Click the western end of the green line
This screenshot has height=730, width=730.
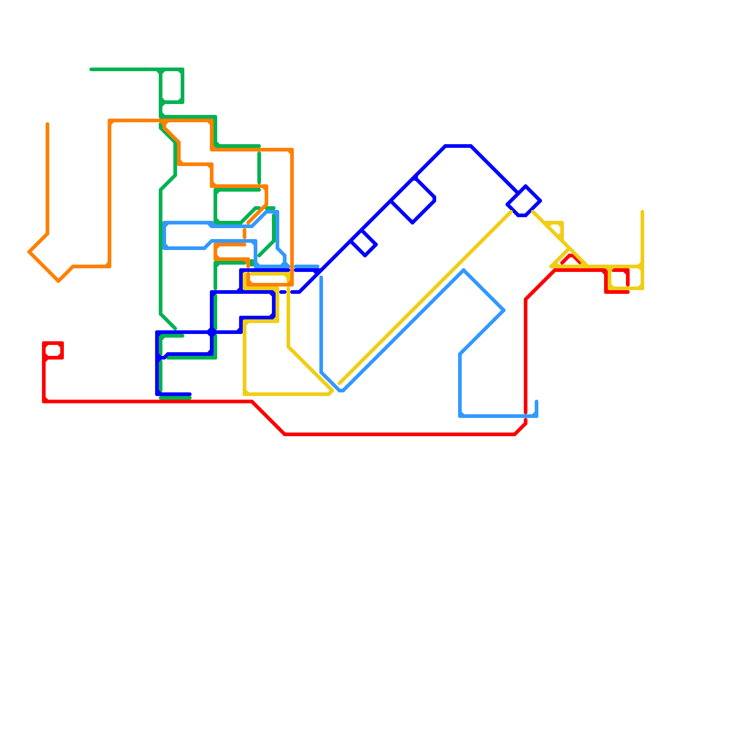pos(91,69)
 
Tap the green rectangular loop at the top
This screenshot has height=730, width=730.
pos(172,86)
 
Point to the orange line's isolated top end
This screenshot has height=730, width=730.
pos(47,124)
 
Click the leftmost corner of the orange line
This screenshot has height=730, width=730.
pos(29,252)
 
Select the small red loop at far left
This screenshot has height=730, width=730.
pos(53,350)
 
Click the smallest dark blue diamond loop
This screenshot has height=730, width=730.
pos(364,243)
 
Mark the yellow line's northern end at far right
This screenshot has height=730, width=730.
pos(642,211)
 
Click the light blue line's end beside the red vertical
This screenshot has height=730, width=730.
pos(537,401)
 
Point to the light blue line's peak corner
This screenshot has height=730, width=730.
pos(464,271)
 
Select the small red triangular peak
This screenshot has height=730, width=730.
pos(571,256)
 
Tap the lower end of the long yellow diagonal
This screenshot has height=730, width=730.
pos(340,384)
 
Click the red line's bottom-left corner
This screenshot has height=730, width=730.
pos(44,401)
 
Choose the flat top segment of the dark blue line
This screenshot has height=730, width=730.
pos(458,146)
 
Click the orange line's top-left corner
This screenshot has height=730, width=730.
pos(110,121)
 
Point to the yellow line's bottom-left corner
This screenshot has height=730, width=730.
pos(245,394)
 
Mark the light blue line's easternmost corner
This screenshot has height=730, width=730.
pos(504,310)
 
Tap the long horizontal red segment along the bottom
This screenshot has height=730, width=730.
pos(400,434)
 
